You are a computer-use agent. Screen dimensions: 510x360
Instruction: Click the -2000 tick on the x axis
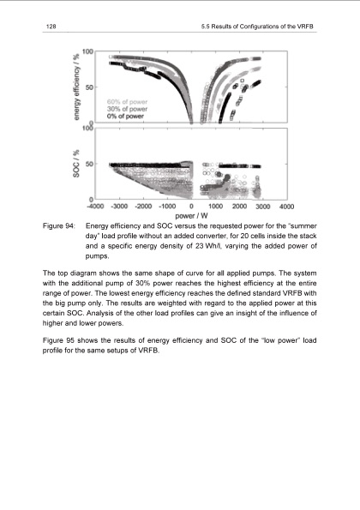[x=143, y=207]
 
